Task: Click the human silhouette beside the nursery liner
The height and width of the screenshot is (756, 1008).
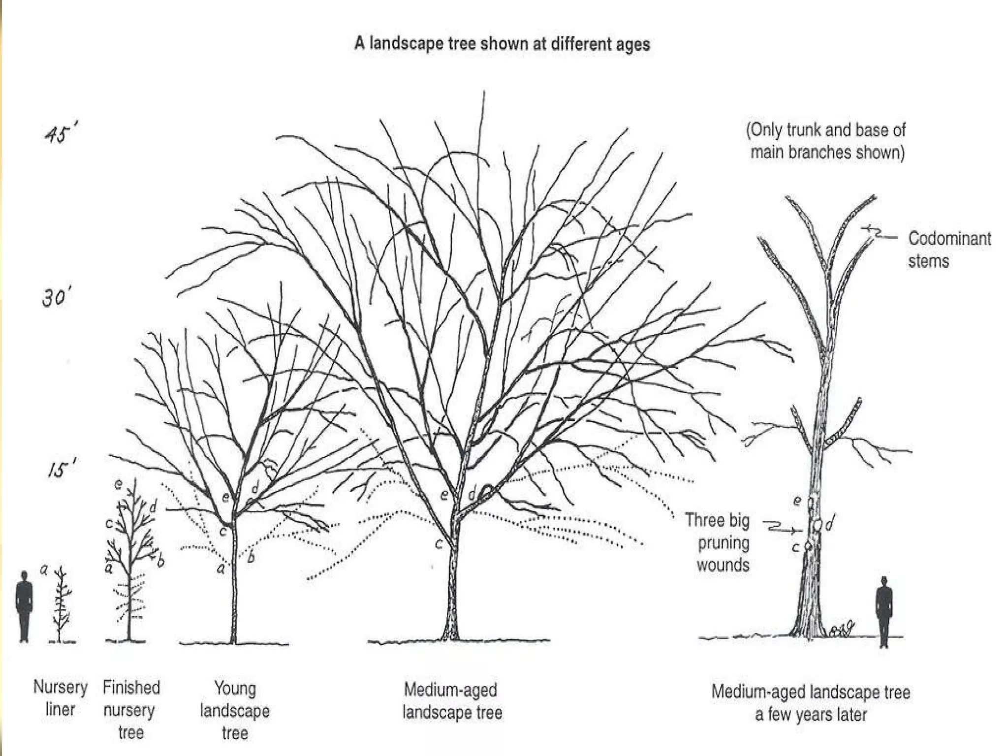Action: [x=24, y=606]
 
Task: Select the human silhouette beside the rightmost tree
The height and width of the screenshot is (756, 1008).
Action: [x=884, y=612]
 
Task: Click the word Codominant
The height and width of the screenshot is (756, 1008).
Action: [x=949, y=239]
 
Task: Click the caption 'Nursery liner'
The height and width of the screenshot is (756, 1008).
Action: [x=60, y=698]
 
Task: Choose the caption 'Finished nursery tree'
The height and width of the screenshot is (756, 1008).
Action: [x=131, y=710]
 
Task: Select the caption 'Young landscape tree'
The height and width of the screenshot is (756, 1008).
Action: [x=235, y=711]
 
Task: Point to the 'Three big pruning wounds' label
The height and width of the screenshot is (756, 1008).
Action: [x=718, y=542]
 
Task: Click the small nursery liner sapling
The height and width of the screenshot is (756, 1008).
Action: [x=62, y=605]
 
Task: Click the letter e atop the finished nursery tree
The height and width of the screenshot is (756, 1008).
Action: [x=119, y=484]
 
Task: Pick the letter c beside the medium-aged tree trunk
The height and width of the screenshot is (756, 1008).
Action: [x=439, y=543]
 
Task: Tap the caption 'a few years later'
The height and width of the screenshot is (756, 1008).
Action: [x=811, y=715]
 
